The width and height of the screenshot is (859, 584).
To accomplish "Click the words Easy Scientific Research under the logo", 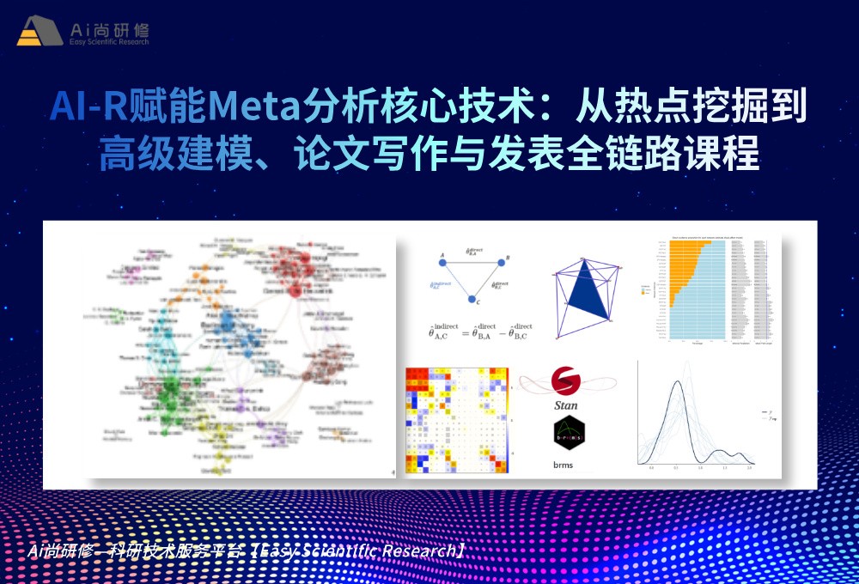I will [109, 41].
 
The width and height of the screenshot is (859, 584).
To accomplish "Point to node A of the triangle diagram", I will [442, 264].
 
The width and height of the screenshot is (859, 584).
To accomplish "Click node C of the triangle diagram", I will [472, 299].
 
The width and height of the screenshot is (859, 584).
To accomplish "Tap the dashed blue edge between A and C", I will [455, 283].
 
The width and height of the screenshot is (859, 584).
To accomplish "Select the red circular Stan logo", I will [564, 380].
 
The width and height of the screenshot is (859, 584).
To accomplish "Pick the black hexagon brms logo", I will [565, 435].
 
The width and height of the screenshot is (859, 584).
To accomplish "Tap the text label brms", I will [564, 465].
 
